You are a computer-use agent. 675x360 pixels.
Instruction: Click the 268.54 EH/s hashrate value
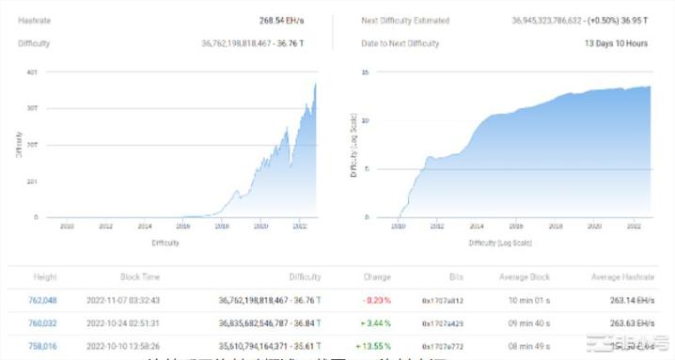278,20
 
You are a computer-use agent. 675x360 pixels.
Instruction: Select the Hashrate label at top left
33,20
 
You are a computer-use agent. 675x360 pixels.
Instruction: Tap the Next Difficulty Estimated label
405,20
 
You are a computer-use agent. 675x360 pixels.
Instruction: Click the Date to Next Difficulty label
400,43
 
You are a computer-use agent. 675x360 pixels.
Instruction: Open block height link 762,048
43,301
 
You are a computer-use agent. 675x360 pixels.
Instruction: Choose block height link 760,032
43,323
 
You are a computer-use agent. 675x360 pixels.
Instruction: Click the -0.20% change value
378,301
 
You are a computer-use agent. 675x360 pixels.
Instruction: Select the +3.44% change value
376,323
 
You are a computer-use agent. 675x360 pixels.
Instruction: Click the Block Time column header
141,277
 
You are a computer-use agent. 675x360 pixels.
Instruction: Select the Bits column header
457,277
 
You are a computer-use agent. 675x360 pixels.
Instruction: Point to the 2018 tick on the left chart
223,227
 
